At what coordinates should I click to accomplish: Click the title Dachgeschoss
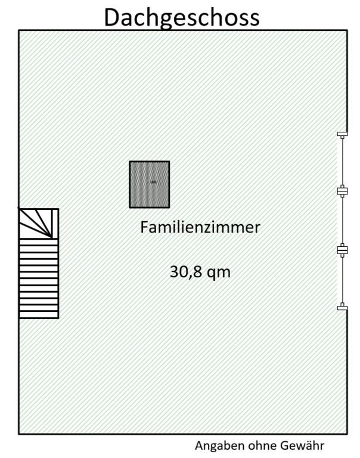[182, 17]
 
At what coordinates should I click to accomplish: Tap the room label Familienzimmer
[200, 227]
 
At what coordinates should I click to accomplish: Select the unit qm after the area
[218, 273]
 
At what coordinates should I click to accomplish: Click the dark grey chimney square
[150, 184]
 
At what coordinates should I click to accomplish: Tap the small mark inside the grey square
[153, 181]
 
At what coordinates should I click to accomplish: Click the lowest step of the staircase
[38, 314]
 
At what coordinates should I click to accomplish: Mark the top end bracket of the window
[342, 134]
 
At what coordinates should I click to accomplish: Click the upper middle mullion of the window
[342, 191]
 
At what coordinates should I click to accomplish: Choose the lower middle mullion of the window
[342, 250]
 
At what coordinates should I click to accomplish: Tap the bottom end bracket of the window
[342, 307]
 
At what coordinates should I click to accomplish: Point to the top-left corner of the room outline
[18, 30]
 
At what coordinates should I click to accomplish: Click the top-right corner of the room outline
[347, 30]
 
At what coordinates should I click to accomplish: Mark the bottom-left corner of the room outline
[18, 434]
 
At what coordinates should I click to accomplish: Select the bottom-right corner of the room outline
[347, 434]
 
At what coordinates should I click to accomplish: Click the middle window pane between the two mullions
[342, 221]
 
